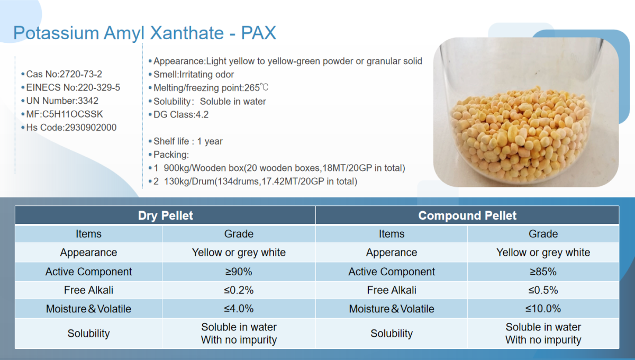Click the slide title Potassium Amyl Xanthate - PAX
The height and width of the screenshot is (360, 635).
144,33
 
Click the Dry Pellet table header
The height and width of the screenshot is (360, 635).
165,215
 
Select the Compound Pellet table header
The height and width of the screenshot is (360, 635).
467,215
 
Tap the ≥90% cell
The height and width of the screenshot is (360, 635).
239,272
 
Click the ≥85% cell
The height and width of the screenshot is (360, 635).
543,272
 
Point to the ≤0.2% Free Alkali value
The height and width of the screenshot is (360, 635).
239,290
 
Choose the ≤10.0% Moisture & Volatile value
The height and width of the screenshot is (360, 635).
543,309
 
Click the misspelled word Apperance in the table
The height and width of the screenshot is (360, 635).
392,253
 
